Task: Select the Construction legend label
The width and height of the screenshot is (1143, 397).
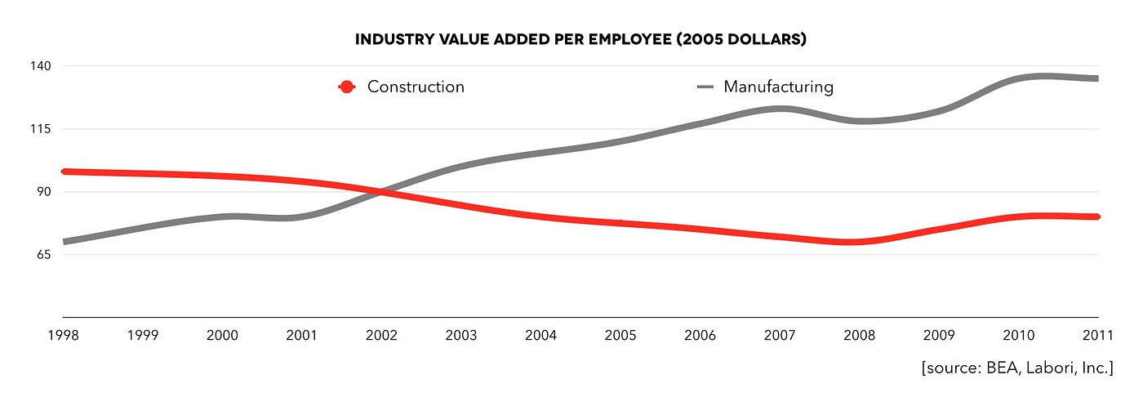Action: coord(416,87)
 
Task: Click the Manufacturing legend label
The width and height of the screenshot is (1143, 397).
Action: coord(778,87)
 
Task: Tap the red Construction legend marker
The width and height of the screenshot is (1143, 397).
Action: coord(347,87)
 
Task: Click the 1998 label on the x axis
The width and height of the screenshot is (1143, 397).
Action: coord(64,335)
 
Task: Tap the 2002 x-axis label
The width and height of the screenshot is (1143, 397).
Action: coord(382,335)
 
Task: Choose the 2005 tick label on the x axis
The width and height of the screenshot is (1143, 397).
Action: coord(620,335)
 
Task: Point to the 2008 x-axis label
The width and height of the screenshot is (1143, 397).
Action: coord(860,335)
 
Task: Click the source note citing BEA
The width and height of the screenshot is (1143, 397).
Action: coord(1017,368)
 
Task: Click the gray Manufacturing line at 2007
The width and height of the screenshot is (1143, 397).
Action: coord(781,109)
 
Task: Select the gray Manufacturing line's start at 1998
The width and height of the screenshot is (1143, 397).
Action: coord(65,242)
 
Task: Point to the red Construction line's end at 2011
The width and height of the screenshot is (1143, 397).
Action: coord(1096,216)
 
